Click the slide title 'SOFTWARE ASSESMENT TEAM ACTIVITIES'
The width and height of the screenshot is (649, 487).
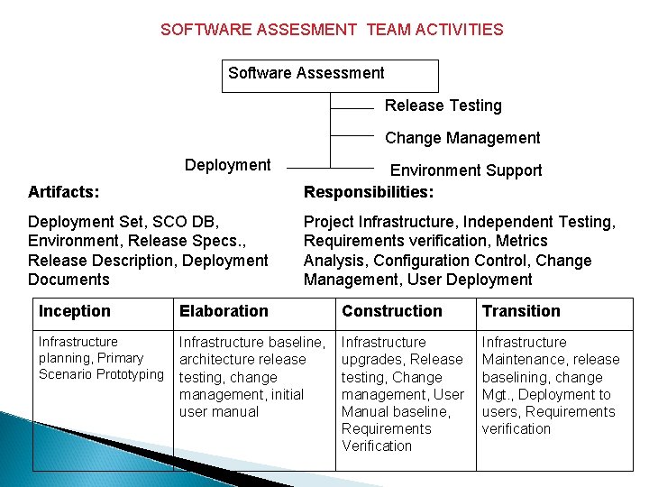[x=332, y=30]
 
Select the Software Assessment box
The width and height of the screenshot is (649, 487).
[x=329, y=75]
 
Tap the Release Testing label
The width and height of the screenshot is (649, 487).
[x=443, y=106]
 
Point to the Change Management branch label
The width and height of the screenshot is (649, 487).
[x=462, y=138]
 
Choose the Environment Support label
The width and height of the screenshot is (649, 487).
[x=465, y=170]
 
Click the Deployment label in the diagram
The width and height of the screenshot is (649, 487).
[x=227, y=165]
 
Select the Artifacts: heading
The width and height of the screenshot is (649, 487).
[x=64, y=192]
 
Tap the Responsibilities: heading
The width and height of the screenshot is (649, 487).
[x=369, y=192]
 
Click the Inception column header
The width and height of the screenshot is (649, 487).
[x=75, y=311]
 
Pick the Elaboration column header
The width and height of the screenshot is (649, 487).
[x=224, y=311]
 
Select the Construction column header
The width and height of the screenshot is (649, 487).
[x=392, y=311]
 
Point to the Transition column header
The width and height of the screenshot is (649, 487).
[x=521, y=311]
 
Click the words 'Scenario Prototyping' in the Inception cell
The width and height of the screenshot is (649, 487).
[x=101, y=374]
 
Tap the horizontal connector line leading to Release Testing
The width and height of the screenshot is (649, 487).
[x=352, y=108]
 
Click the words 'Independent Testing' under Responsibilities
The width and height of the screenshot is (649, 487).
[x=553, y=222]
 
